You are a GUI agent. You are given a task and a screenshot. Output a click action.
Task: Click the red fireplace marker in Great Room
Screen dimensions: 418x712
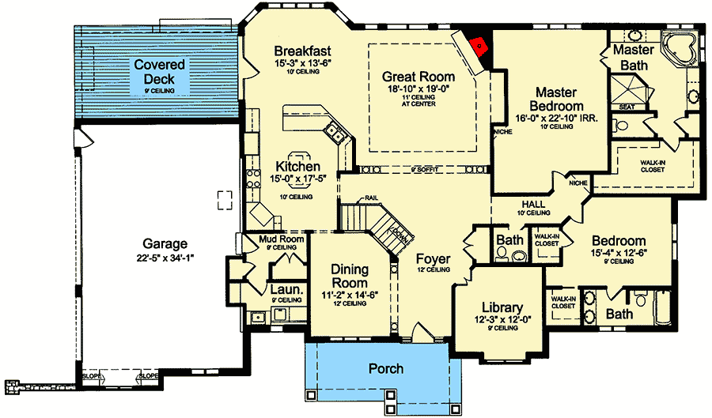[478, 46]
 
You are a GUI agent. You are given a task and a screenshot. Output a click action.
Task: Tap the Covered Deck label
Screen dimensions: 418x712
[159, 72]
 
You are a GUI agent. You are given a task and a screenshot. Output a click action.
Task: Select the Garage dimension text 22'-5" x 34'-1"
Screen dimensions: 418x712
[165, 257]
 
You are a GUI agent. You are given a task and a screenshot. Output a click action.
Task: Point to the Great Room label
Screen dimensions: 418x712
[418, 77]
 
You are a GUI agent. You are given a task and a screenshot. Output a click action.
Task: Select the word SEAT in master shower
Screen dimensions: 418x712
[627, 107]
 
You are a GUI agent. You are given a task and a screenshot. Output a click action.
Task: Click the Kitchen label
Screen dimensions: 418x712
[297, 167]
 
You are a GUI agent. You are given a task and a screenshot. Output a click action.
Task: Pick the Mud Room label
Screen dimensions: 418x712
[281, 239]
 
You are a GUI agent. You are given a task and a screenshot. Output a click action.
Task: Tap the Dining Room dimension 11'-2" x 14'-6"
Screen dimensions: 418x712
[349, 295]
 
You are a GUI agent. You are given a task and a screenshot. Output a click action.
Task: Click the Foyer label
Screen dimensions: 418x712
[433, 259]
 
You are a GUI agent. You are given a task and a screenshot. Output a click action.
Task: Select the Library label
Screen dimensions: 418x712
[502, 307]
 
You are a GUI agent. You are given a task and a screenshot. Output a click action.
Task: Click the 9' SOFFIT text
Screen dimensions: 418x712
[424, 170]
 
